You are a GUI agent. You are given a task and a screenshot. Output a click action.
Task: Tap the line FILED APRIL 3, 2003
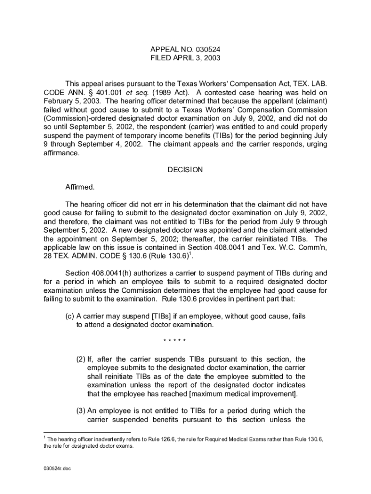pos(185,58)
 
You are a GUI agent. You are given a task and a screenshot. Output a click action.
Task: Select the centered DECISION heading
pos(185,170)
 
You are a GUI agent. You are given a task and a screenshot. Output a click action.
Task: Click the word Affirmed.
pos(79,186)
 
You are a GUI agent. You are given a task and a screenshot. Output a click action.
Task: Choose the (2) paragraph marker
pos(80,359)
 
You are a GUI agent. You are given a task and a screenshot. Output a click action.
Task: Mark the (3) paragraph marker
pos(80,411)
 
